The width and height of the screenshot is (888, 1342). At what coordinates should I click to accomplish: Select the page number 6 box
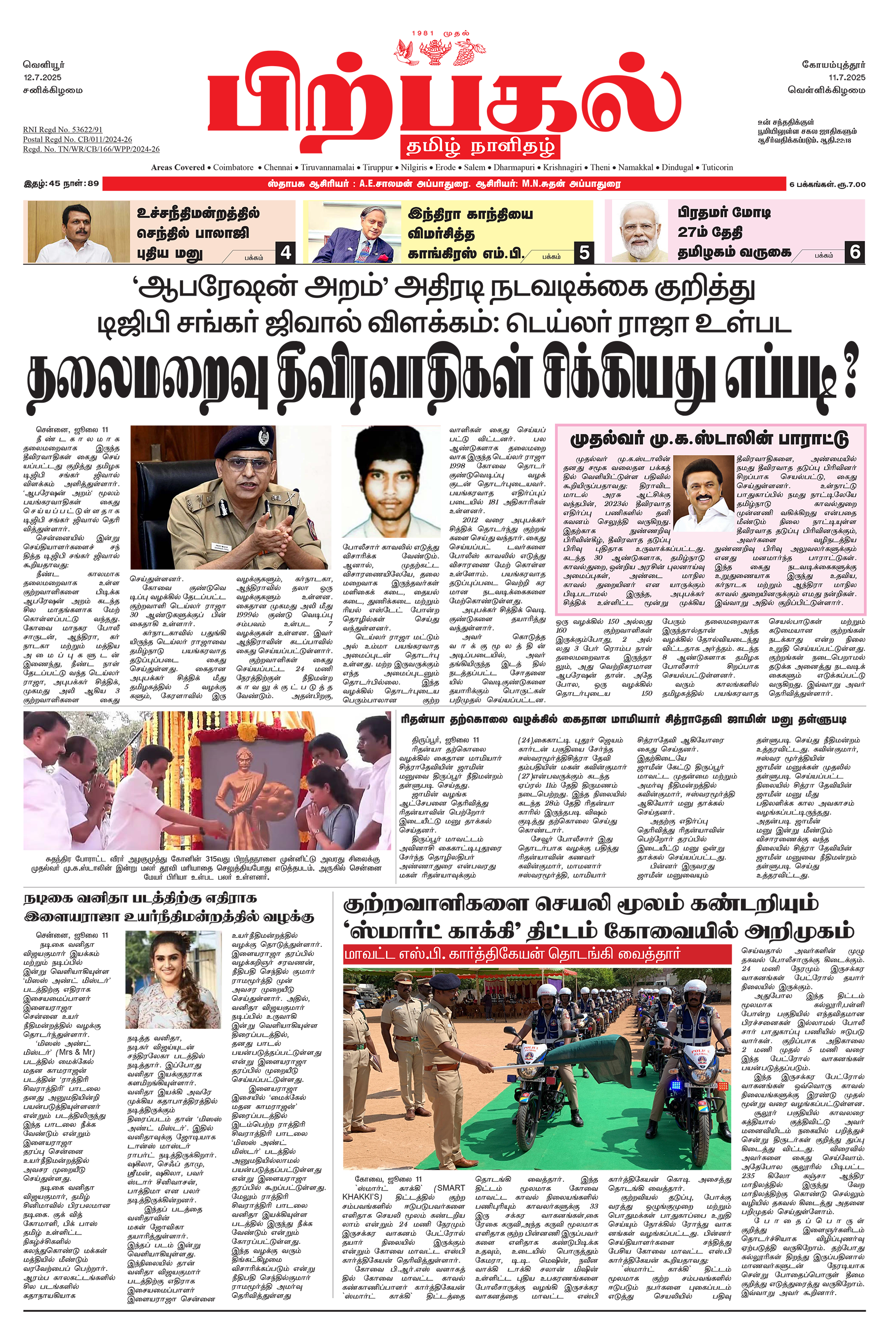[854, 252]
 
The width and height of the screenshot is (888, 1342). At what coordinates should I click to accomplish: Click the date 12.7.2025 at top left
[42, 77]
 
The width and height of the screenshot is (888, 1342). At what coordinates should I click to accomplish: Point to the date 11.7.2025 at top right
[847, 77]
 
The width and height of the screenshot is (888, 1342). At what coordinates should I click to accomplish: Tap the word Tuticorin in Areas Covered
[717, 168]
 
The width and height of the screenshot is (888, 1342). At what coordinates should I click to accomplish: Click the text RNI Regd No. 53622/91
[62, 130]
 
